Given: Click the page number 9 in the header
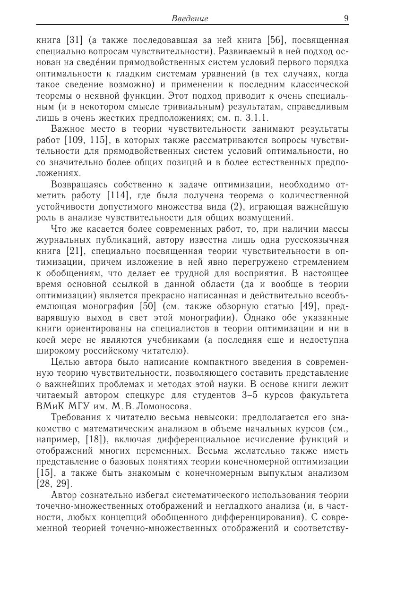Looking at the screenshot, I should (x=346, y=18).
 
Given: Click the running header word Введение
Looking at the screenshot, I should (x=190, y=19).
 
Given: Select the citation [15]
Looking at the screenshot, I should (x=44, y=472).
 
